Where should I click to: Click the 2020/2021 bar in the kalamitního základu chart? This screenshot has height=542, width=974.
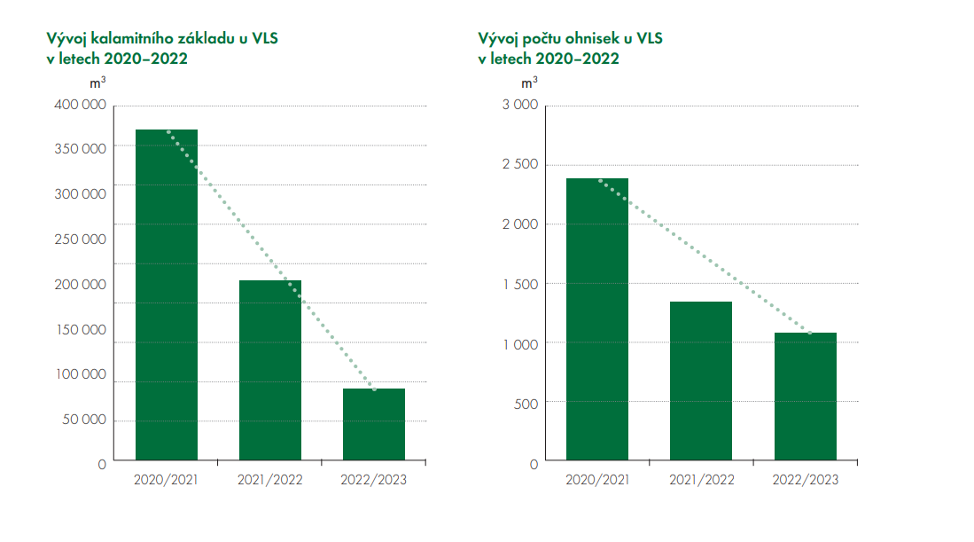tap(166, 295)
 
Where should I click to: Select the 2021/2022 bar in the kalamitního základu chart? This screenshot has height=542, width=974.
tap(270, 370)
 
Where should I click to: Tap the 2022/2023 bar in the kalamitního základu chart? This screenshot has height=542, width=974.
tap(374, 424)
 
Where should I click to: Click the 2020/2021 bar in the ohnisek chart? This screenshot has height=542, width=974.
tap(597, 319)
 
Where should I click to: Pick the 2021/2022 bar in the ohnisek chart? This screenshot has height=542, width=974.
tap(701, 381)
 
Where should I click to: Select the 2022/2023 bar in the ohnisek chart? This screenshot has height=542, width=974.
tap(805, 397)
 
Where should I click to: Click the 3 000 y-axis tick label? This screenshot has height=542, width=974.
tap(520, 106)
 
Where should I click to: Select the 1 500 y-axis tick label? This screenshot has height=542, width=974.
tap(520, 284)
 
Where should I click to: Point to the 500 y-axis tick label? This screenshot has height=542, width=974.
tap(526, 403)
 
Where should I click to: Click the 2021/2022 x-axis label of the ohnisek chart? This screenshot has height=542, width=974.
tap(701, 480)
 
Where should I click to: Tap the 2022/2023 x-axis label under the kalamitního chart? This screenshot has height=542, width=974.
tap(374, 480)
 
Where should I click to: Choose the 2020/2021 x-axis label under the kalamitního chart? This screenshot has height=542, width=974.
tap(166, 480)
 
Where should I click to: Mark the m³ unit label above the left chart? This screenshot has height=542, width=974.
tap(99, 83)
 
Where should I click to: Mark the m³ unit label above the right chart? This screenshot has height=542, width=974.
tap(529, 83)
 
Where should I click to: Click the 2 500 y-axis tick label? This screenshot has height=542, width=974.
tap(520, 165)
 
